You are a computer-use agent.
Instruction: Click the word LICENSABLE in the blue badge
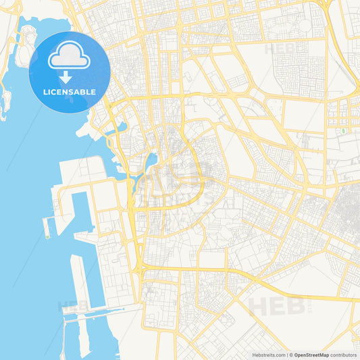pos(70,92)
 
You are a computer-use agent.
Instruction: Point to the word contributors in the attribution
pos(344,355)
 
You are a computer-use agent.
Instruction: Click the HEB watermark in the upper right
pos(284,49)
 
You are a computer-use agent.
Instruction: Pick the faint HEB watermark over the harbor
pos(73,305)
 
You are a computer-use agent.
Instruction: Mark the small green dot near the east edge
pos(343,130)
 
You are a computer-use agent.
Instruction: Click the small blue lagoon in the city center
pos(151,160)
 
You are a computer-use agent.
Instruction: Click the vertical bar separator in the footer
pos(290,355)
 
